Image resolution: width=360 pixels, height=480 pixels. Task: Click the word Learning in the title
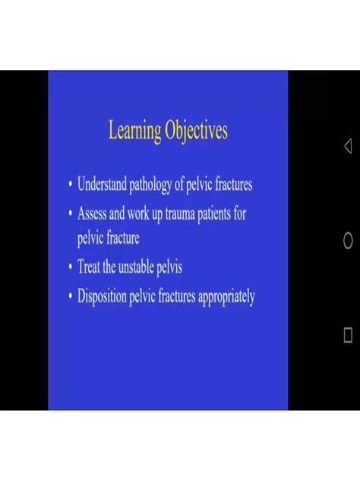tap(134, 131)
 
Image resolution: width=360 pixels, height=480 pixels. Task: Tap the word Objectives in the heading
tap(196, 131)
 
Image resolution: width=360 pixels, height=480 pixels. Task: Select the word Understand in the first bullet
tap(102, 184)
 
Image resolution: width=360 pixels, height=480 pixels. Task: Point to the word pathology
tap(150, 185)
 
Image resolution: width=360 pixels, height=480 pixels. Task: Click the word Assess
tap(92, 213)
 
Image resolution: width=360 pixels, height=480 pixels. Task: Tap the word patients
tap(214, 213)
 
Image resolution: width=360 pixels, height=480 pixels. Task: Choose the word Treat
tap(88, 266)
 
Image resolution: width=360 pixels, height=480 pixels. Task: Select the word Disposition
tap(102, 296)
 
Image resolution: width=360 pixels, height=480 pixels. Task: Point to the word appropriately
tap(226, 297)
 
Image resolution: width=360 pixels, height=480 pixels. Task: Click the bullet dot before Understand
tap(71, 185)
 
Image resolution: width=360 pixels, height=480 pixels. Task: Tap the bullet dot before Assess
tap(71, 213)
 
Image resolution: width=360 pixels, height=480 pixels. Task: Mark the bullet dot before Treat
tap(71, 267)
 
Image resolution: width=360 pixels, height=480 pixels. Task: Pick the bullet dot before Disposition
tap(71, 296)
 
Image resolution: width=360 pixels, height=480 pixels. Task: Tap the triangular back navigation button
tap(348, 146)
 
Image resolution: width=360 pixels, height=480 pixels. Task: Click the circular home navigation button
tap(348, 240)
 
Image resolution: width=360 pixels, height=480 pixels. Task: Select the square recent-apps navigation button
tap(348, 335)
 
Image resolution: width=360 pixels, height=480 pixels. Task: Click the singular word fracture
tap(123, 238)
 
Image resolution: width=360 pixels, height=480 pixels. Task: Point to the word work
tap(138, 213)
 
